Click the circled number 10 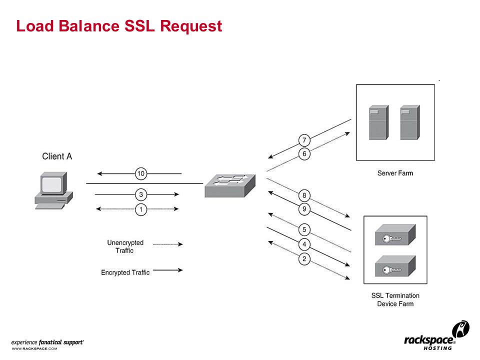click(x=141, y=173)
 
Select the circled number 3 click(x=141, y=194)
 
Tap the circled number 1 click(x=141, y=209)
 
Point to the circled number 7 click(x=304, y=140)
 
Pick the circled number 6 click(x=304, y=153)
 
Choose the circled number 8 click(x=304, y=195)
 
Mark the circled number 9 click(x=304, y=209)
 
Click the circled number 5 click(x=304, y=229)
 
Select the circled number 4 click(x=304, y=244)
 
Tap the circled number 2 click(x=304, y=259)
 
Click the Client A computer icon click(x=53, y=190)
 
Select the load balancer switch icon click(x=230, y=186)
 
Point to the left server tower click(x=378, y=122)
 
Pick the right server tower click(x=410, y=122)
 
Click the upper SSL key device click(x=395, y=235)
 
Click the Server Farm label click(x=395, y=173)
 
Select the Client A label click(x=57, y=156)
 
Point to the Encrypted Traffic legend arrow click(x=168, y=270)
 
